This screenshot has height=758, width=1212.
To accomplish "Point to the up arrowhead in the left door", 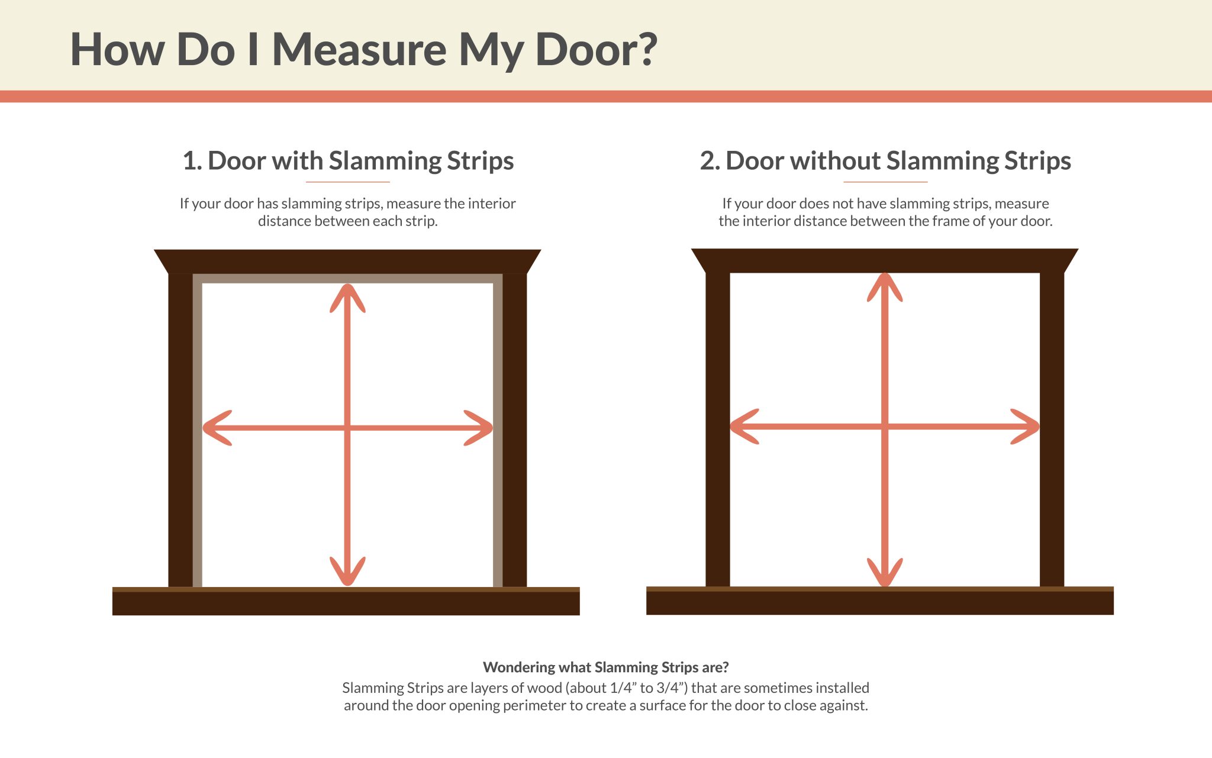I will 347,296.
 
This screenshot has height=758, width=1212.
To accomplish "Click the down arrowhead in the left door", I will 347,573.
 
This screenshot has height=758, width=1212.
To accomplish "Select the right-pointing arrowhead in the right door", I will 1026,426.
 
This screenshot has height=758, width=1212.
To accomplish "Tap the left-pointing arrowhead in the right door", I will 743,426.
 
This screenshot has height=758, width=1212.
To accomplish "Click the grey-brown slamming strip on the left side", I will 198,432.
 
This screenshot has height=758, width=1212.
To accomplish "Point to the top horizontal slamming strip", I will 347,278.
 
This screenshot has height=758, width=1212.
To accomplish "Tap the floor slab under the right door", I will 879,602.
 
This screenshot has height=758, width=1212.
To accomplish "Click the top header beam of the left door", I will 347,261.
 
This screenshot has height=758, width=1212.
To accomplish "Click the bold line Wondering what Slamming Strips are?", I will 605,667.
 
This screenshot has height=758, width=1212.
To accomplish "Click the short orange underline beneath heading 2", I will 885,182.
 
